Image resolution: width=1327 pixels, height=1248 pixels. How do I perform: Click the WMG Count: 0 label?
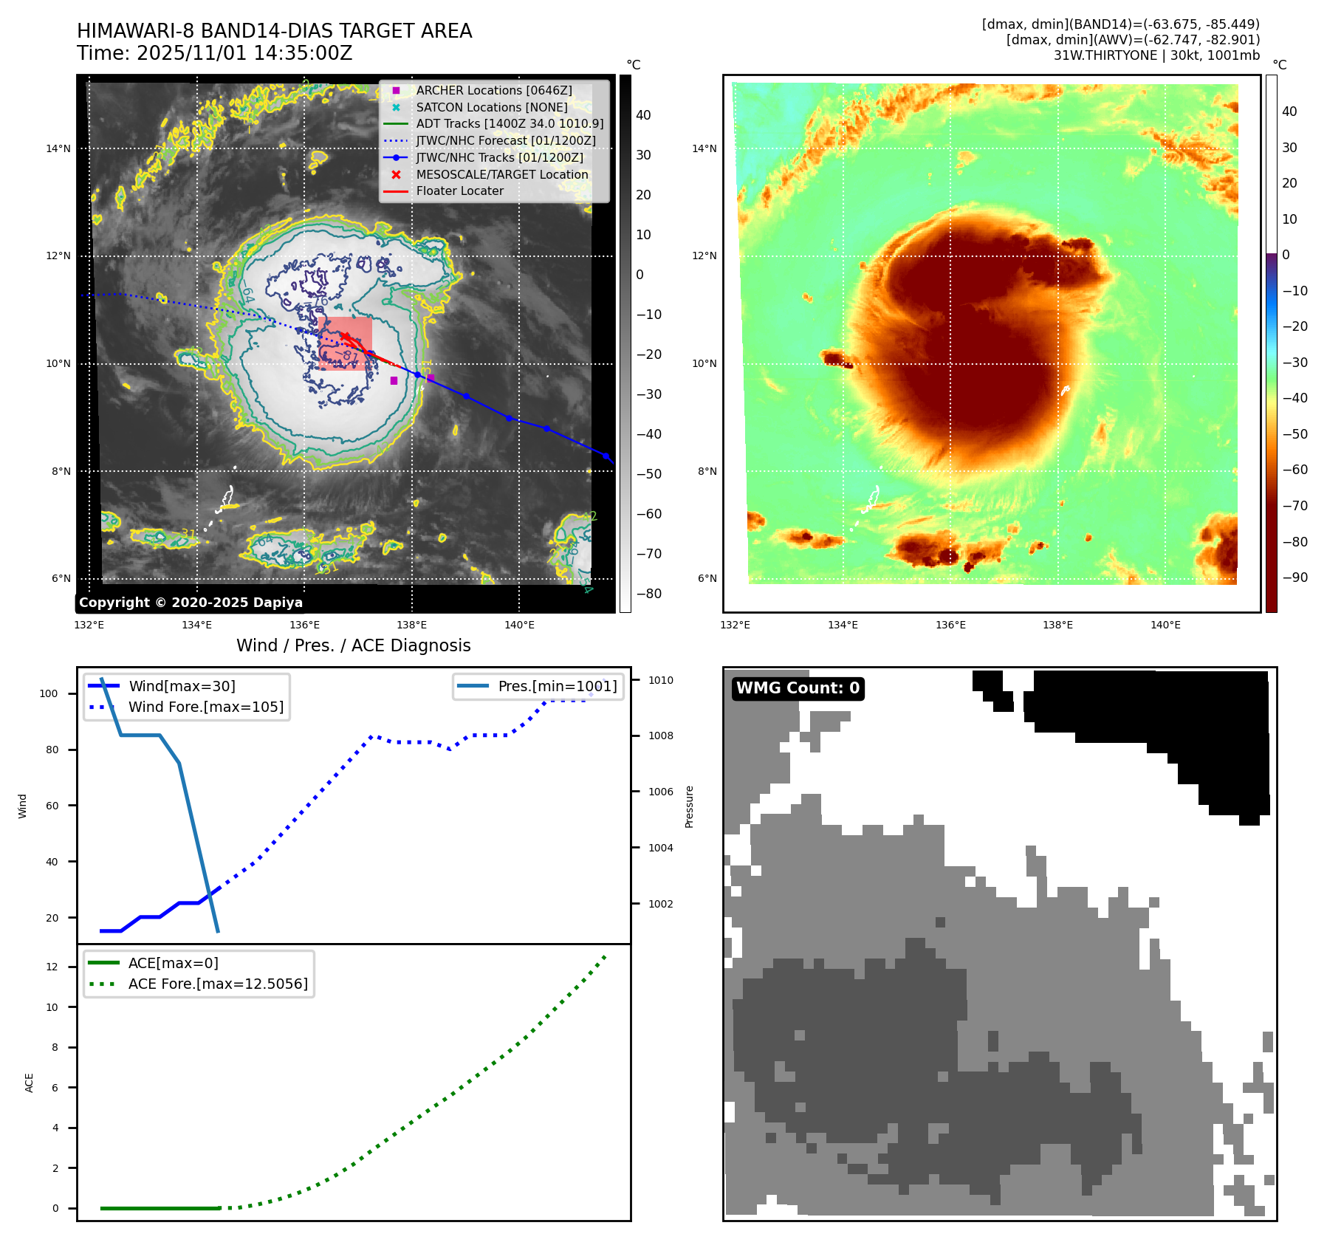(x=798, y=688)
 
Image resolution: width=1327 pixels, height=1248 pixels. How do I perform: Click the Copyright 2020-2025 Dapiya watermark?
(x=191, y=603)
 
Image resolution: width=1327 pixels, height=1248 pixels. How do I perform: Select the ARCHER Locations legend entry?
(x=493, y=90)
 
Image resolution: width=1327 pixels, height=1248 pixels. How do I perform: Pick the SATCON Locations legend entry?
(x=491, y=107)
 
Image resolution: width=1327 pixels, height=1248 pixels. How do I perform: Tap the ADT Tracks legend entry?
(x=510, y=123)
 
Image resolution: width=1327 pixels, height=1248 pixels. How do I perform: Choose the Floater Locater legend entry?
(x=459, y=191)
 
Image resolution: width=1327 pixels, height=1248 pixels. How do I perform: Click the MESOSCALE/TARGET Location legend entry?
(x=502, y=174)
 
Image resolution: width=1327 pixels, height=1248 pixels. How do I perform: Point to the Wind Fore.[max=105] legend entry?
(x=205, y=707)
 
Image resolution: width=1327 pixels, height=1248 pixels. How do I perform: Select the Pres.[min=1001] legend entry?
(x=557, y=686)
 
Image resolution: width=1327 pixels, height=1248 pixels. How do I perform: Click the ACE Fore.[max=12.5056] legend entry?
(x=218, y=984)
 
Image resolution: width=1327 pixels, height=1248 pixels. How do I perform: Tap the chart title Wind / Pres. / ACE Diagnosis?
(x=353, y=645)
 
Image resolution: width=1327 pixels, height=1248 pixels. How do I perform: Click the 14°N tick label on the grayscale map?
(x=58, y=148)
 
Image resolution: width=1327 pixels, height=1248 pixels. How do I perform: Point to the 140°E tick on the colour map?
(x=1165, y=625)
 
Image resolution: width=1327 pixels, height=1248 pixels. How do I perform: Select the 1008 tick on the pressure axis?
(x=661, y=736)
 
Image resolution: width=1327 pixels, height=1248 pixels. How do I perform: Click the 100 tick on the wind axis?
(x=49, y=693)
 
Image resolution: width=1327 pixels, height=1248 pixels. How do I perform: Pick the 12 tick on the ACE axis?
(x=52, y=967)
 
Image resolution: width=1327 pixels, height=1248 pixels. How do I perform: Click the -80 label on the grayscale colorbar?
(x=649, y=594)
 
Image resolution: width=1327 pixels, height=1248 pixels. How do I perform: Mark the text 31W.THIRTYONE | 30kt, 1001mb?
(x=1156, y=55)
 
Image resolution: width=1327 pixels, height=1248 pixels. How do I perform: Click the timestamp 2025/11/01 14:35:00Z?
(x=244, y=53)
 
